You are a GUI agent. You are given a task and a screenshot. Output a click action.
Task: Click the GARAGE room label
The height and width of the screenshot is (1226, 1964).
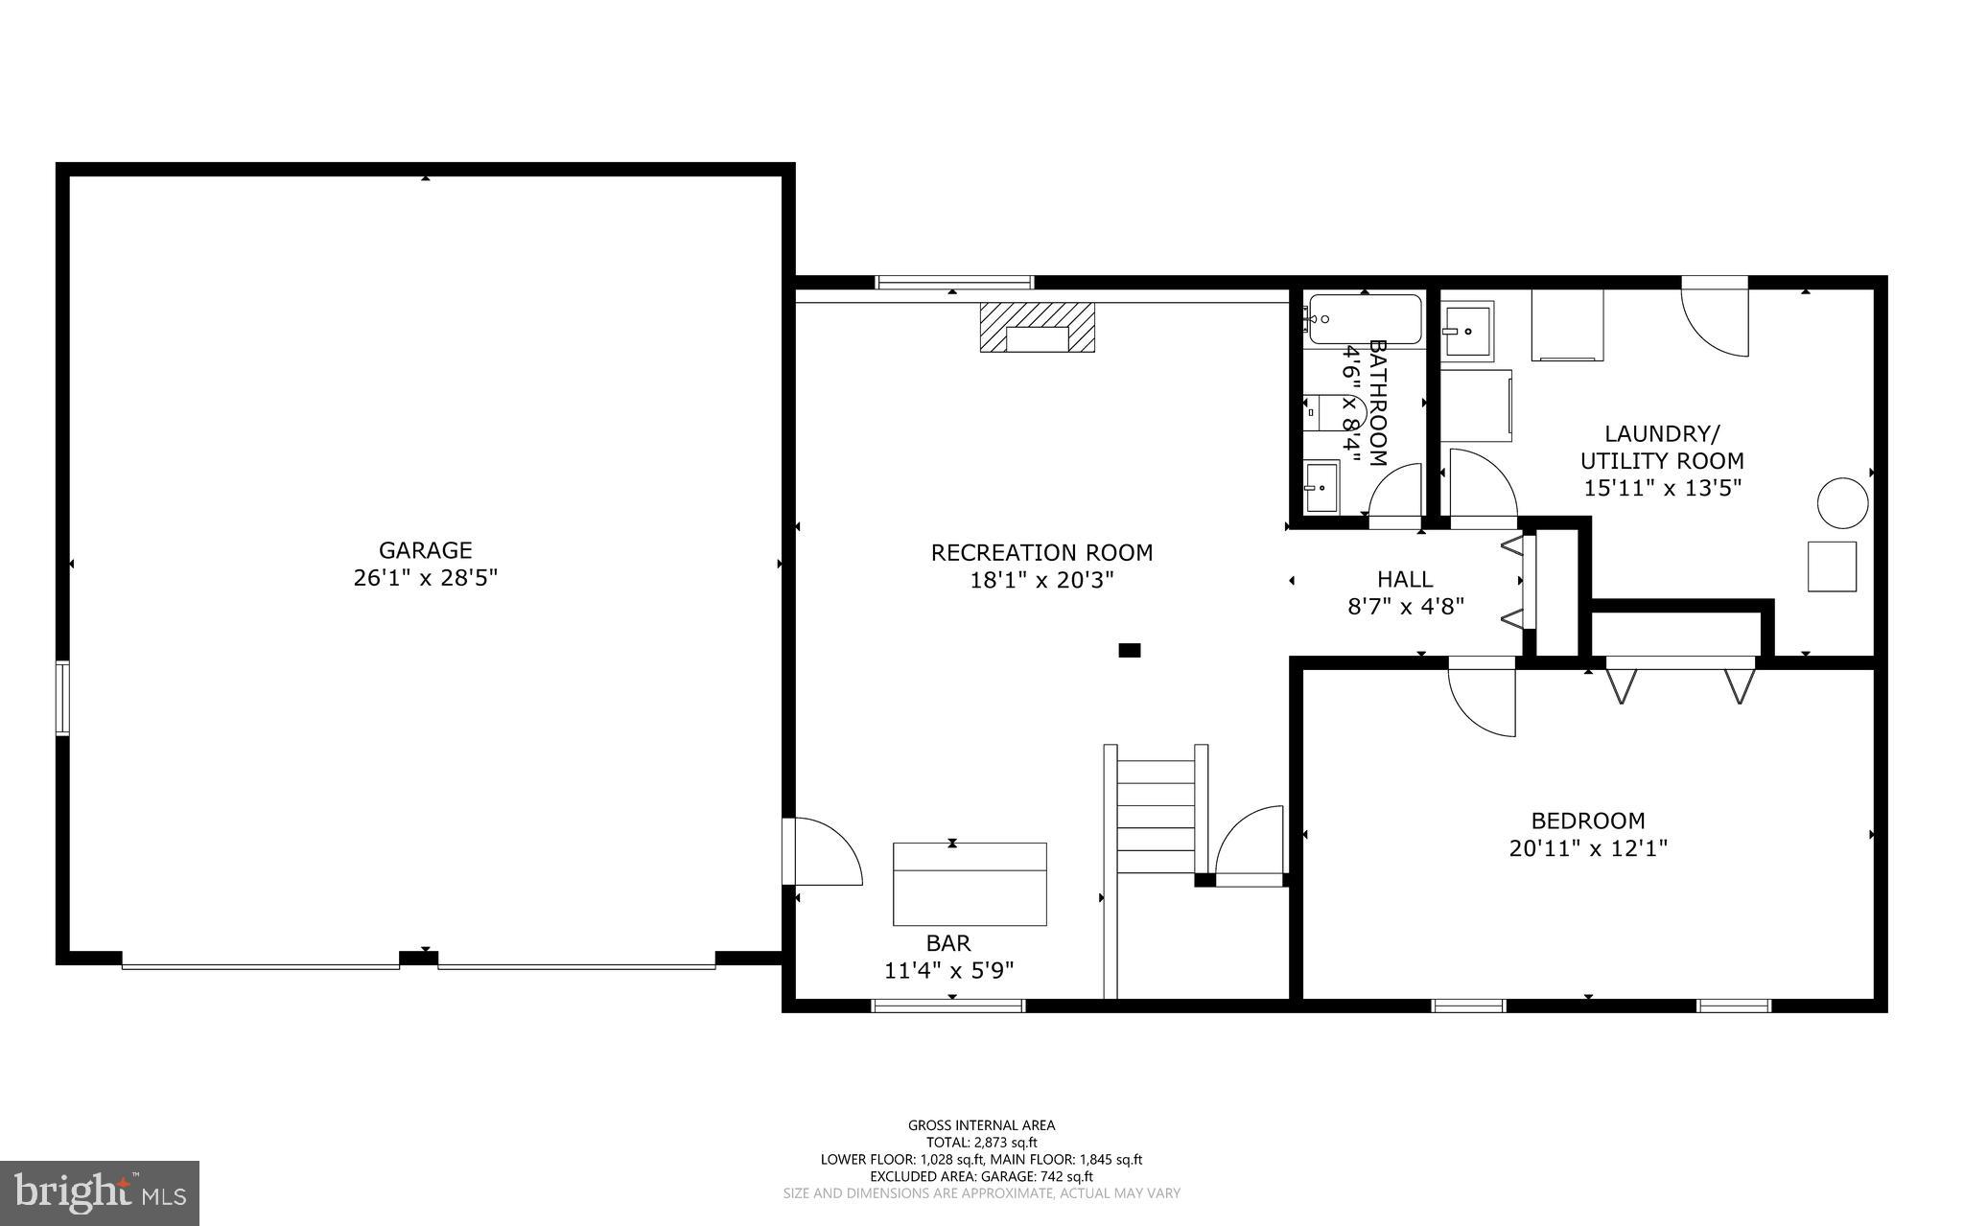[425, 550]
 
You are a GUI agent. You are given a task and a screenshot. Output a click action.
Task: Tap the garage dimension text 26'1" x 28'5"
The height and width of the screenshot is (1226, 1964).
[425, 578]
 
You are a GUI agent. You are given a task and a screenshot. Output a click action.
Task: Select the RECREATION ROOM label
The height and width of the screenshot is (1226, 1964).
[1041, 553]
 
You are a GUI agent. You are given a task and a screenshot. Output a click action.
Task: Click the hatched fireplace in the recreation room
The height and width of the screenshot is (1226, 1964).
[1037, 327]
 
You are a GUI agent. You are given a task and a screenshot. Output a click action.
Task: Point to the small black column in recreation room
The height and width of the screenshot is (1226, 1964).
[1130, 650]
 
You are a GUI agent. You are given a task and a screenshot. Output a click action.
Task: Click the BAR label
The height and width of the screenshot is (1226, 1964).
[947, 943]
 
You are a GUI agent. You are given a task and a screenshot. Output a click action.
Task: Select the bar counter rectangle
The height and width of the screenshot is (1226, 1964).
[970, 884]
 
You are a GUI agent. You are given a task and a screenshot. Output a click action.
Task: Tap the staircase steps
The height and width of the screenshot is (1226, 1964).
[1157, 815]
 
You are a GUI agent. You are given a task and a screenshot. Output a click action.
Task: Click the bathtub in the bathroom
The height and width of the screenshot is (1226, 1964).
[1365, 319]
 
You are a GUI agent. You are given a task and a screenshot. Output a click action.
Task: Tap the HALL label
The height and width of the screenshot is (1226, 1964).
[1405, 579]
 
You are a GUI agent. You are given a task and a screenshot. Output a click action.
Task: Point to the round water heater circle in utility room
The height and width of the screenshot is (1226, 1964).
[1843, 502]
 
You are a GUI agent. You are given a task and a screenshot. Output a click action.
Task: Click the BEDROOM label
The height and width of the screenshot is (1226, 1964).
[1588, 821]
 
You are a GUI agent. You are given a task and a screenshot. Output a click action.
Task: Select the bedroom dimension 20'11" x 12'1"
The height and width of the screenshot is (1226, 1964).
[1588, 848]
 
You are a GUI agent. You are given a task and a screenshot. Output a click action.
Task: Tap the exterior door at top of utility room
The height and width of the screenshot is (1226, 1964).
[1715, 321]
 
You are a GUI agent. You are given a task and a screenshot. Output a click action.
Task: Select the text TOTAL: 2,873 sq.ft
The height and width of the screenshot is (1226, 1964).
[981, 1143]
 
